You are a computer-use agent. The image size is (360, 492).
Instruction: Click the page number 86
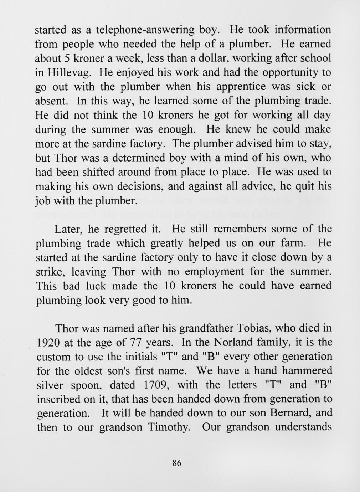click(x=177, y=463)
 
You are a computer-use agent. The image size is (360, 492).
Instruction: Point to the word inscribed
click(x=60, y=399)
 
